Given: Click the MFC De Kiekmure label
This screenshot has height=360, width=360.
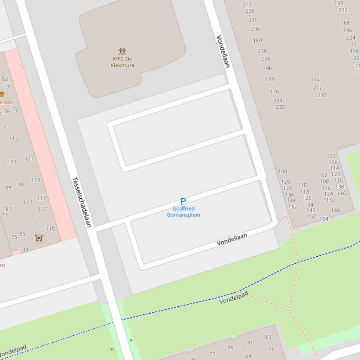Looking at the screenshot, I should [x=122, y=62].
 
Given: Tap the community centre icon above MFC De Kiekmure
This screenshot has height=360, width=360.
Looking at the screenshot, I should [x=122, y=51].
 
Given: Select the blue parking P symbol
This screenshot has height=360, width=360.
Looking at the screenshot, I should [x=183, y=202].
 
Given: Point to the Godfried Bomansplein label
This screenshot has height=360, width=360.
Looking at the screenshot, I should [x=184, y=212].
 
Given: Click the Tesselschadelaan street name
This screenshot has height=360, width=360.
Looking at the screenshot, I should [x=81, y=202].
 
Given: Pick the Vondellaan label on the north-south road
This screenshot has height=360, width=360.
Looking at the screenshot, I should [x=223, y=51].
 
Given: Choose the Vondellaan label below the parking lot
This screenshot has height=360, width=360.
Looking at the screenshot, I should [x=232, y=240].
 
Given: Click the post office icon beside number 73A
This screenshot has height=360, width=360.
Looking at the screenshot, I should [x=39, y=238].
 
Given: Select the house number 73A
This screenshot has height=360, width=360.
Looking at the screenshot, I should [x=24, y=250].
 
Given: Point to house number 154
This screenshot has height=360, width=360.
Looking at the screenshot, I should [x=324, y=219].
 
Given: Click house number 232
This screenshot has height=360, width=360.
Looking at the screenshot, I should [x=280, y=107].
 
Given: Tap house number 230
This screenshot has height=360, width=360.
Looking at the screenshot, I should [x=322, y=95].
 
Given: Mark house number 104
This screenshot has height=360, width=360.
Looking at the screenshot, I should [x=283, y=171].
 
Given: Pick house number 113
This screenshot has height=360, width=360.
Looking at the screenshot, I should [x=13, y=138].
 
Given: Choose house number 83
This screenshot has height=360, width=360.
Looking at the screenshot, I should [x=268, y=337].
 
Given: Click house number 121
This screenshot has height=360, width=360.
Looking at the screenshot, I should [x=29, y=158].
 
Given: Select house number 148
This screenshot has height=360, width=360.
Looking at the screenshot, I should [x=335, y=210].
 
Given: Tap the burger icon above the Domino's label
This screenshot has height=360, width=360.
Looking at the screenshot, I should [x=2, y=94].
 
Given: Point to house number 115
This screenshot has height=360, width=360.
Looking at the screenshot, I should [x=50, y=229].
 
